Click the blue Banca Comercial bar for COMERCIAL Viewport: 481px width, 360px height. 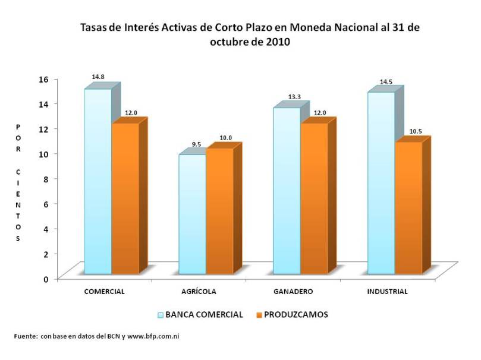98,181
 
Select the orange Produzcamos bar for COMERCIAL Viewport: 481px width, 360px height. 125,199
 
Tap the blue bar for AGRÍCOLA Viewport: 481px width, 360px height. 192,214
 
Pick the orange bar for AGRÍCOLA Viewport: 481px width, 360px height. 219,211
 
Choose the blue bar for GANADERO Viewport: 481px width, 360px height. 286,190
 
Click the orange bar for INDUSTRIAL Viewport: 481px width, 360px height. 408,208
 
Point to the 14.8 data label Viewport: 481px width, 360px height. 98,77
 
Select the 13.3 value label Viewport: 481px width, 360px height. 287,97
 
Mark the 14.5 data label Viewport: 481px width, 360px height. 385,82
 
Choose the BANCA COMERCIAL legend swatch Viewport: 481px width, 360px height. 160,315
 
